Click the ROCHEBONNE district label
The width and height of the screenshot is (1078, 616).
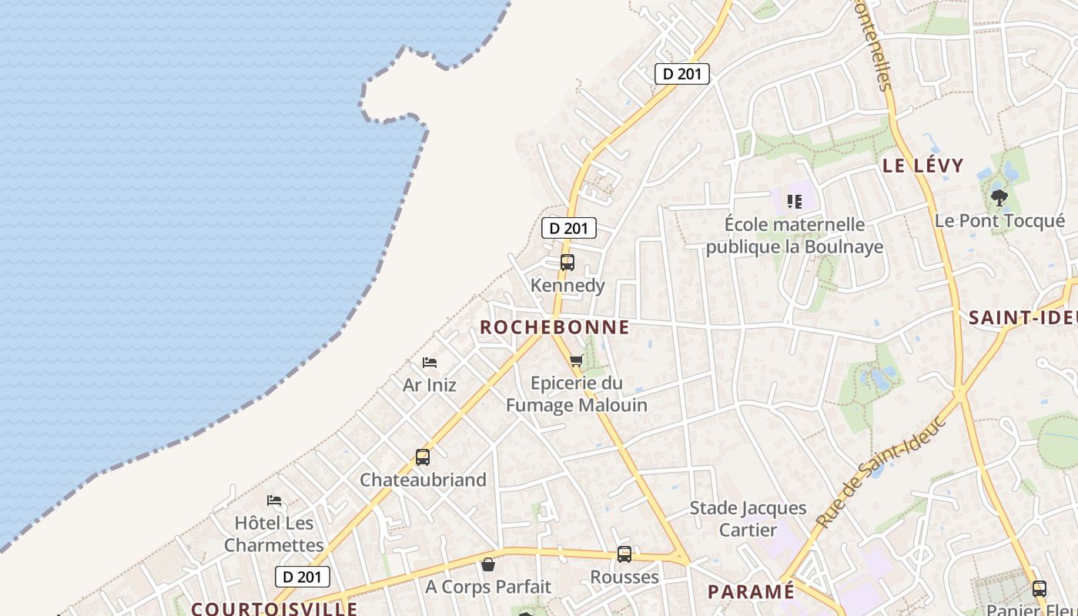coord(554,327)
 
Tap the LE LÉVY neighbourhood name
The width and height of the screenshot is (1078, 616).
coord(922,166)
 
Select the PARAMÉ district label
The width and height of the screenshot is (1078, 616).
coord(751,591)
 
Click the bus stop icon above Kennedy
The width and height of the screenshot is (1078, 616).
coord(567,263)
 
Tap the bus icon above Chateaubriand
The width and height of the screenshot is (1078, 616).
coord(423,457)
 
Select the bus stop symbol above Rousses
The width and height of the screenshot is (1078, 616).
coord(624,554)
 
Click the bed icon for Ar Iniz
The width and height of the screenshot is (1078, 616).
coord(430,362)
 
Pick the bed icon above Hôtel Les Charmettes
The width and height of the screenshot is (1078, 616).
coord(274,500)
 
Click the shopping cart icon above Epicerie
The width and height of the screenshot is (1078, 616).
coord(577,360)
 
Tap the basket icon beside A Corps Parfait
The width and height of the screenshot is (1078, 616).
coord(488,564)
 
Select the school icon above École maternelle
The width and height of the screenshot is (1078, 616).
coord(795,202)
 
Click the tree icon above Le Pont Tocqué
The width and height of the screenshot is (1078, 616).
coord(999,198)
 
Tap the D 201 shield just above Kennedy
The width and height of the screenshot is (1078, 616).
coord(569,228)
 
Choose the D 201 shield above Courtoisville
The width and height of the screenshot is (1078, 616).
coord(303,577)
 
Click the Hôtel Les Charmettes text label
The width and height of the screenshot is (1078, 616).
coord(274,534)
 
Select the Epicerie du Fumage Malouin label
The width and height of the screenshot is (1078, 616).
coord(577,393)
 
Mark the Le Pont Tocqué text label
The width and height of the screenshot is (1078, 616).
coord(999,221)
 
